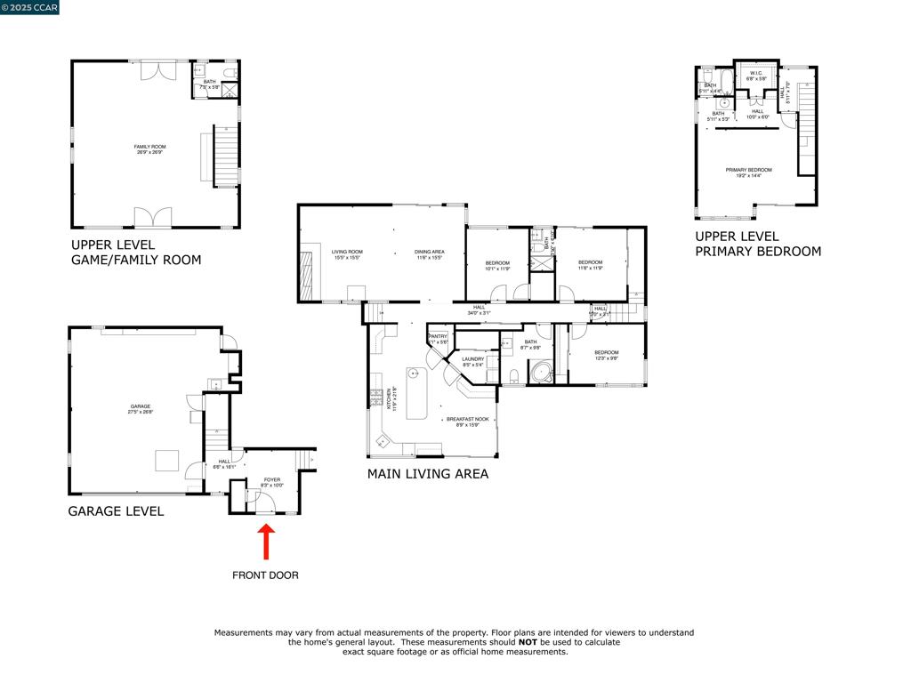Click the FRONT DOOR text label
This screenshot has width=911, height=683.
pyautogui.click(x=265, y=575)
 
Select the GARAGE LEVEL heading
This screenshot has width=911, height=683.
pyautogui.click(x=116, y=511)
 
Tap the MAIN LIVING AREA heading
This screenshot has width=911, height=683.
pyautogui.click(x=427, y=474)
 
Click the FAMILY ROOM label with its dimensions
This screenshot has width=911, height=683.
pyautogui.click(x=149, y=149)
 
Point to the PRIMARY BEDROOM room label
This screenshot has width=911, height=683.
pyautogui.click(x=748, y=173)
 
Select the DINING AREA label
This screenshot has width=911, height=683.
pyautogui.click(x=429, y=254)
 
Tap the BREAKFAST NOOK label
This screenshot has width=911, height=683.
pyautogui.click(x=468, y=422)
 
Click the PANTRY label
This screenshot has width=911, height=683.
pyautogui.click(x=438, y=338)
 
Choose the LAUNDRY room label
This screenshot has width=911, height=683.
pyautogui.click(x=472, y=361)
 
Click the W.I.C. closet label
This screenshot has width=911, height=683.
pyautogui.click(x=756, y=76)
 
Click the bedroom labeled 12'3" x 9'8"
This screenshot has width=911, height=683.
pyautogui.click(x=606, y=355)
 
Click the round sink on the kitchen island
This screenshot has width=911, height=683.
pyautogui.click(x=414, y=374)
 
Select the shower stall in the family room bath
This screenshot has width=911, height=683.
pyautogui.click(x=229, y=89)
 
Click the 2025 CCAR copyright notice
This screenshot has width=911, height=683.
pyautogui.click(x=30, y=8)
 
